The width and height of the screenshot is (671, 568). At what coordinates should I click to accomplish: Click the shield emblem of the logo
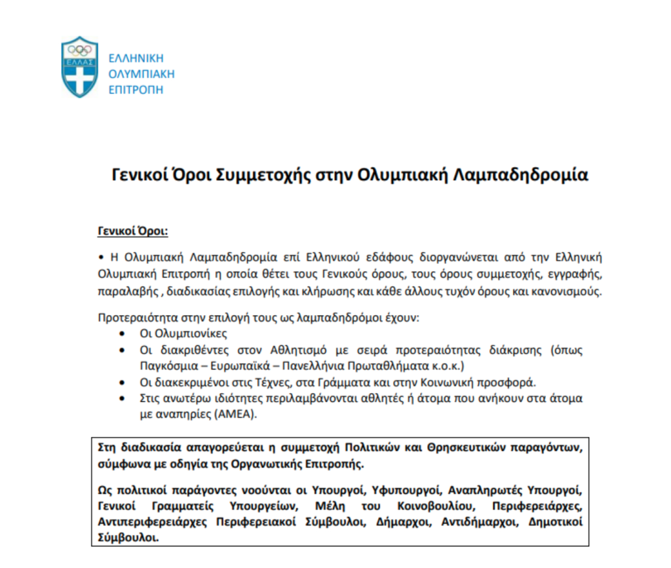click(79, 66)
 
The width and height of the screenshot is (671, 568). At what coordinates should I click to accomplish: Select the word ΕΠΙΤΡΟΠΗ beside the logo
click(136, 90)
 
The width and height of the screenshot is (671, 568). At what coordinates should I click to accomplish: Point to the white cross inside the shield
click(79, 77)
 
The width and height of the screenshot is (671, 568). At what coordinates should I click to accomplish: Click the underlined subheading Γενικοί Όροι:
click(132, 231)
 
